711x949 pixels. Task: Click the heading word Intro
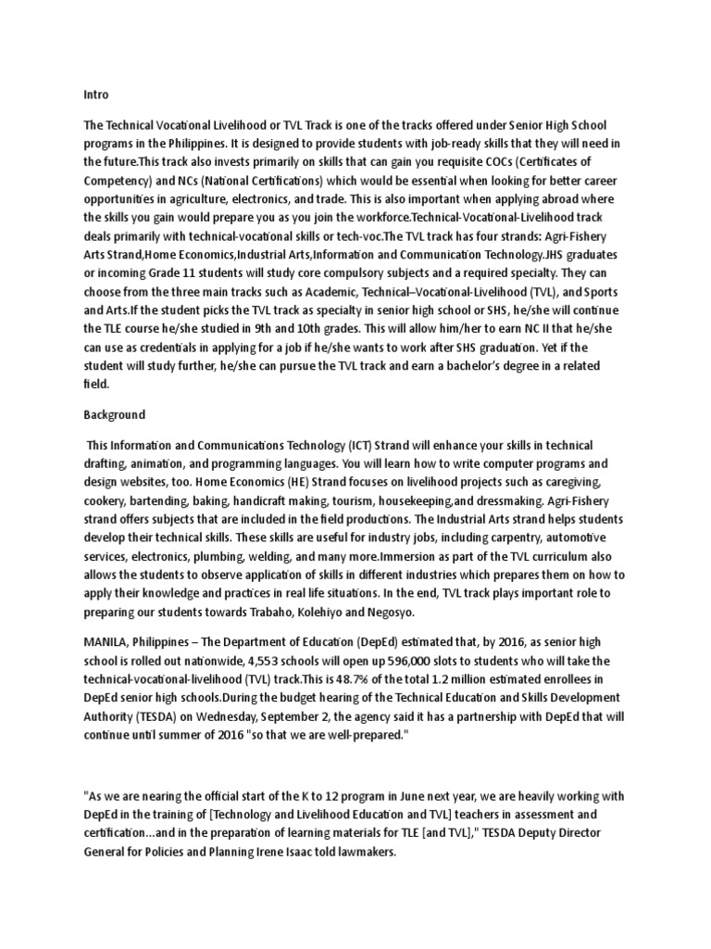(x=95, y=94)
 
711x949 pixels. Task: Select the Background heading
(x=115, y=414)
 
